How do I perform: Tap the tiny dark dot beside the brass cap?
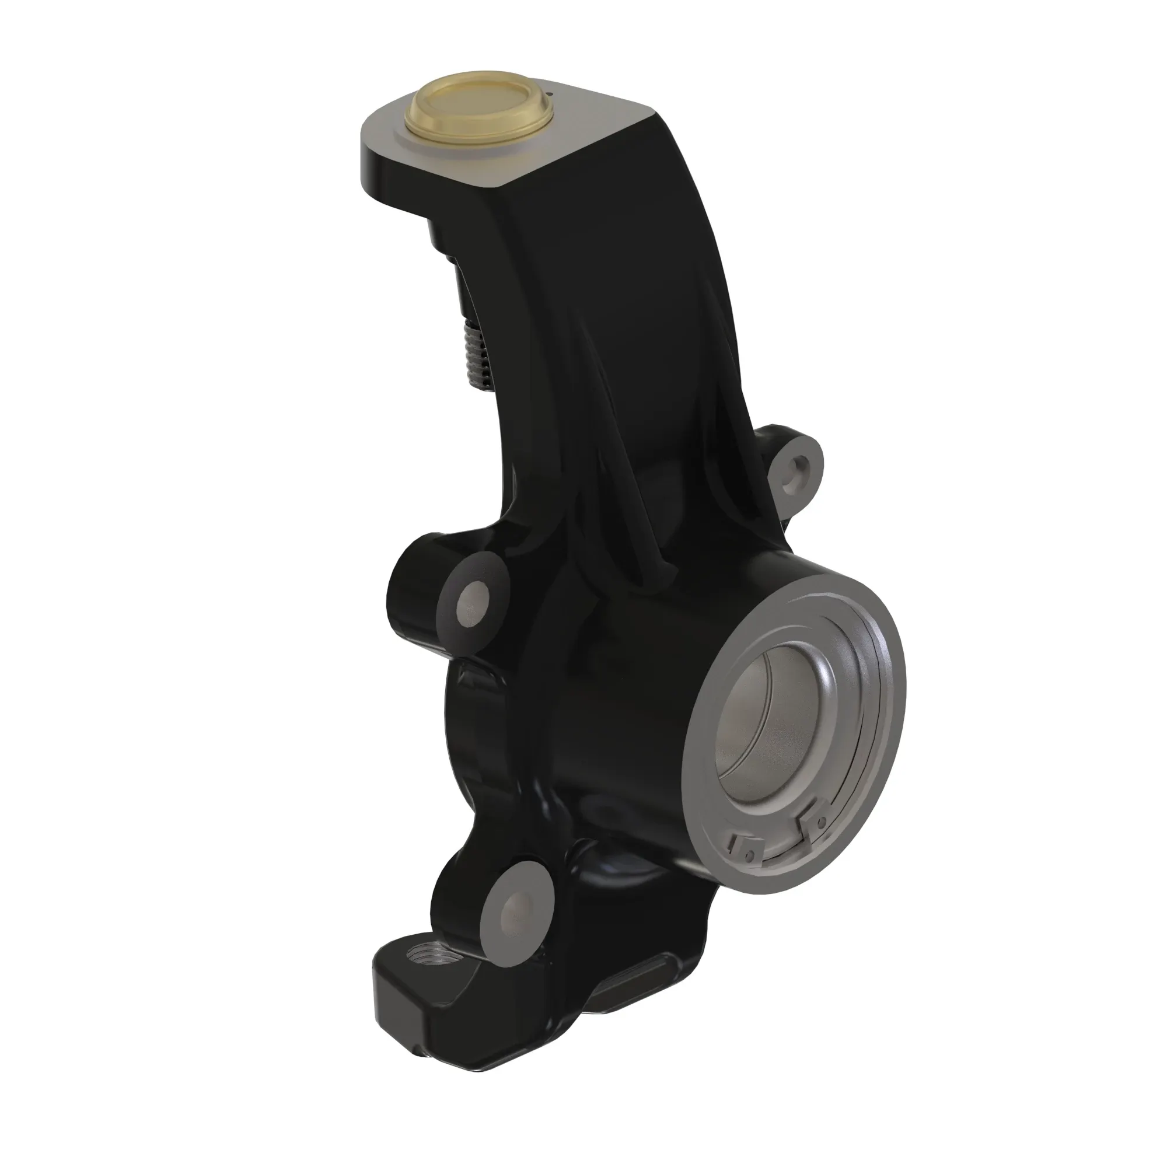tap(551, 93)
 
